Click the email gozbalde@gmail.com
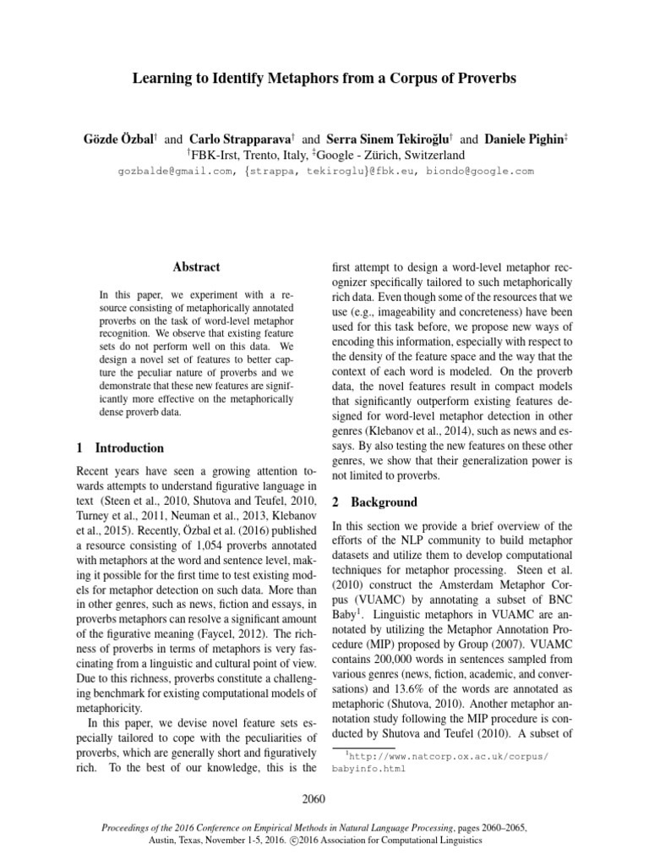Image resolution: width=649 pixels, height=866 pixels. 175,171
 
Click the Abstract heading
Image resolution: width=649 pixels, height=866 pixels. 196,267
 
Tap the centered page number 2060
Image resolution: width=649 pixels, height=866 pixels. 324,798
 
